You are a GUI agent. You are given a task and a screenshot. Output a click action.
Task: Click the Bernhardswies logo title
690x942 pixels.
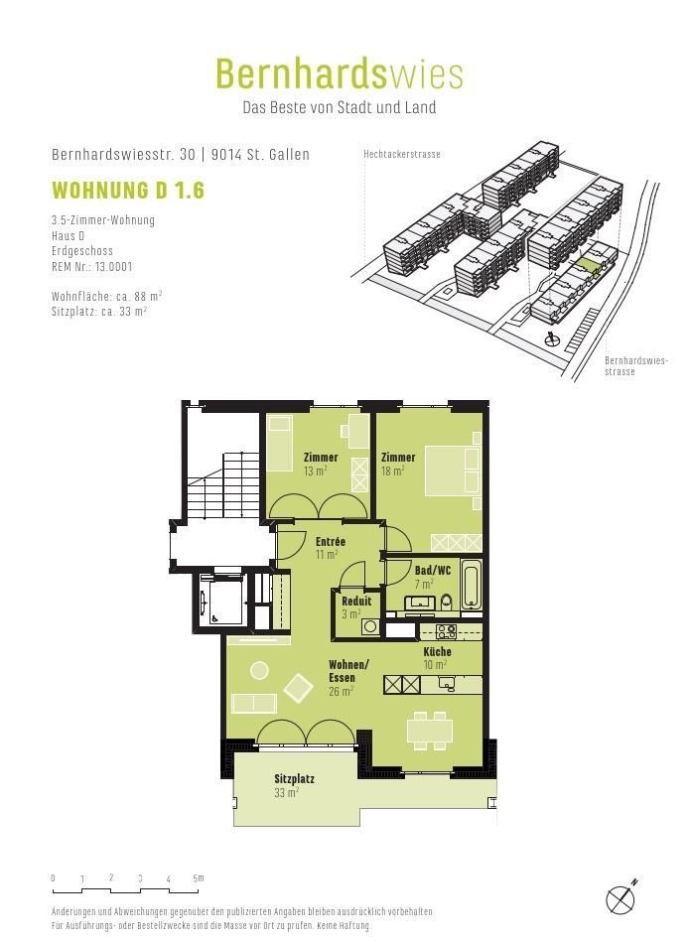tap(340, 73)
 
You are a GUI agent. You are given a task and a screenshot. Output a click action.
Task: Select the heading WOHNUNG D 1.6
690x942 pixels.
tap(128, 190)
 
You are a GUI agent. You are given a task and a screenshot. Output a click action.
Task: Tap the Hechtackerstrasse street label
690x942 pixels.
tap(401, 154)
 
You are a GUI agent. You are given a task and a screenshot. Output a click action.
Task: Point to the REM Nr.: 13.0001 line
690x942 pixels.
tap(92, 266)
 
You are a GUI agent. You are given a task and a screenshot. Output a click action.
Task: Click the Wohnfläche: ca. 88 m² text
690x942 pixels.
tap(107, 296)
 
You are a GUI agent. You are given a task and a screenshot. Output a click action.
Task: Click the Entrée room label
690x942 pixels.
tap(330, 541)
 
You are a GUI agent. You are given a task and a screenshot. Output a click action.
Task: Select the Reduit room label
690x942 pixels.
tap(356, 601)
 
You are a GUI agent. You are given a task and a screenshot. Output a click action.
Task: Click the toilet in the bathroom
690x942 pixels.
tap(447, 601)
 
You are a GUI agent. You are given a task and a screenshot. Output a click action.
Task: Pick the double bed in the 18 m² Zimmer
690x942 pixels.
tap(453, 471)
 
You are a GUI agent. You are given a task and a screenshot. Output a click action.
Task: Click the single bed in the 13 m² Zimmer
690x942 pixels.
tap(279, 444)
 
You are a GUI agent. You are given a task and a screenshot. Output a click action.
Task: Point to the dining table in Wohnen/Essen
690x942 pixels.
tap(430, 731)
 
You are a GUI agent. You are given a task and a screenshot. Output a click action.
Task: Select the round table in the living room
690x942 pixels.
tap(260, 670)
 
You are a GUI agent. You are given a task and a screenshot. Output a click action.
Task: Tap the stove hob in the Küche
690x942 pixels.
tap(446, 631)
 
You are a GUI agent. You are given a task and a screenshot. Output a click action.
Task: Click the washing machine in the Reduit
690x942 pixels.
tap(370, 626)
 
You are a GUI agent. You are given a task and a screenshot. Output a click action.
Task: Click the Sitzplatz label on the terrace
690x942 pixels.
tap(294, 778)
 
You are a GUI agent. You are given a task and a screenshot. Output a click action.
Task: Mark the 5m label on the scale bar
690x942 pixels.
tap(199, 877)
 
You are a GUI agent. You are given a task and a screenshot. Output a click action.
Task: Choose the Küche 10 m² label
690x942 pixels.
tap(437, 658)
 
